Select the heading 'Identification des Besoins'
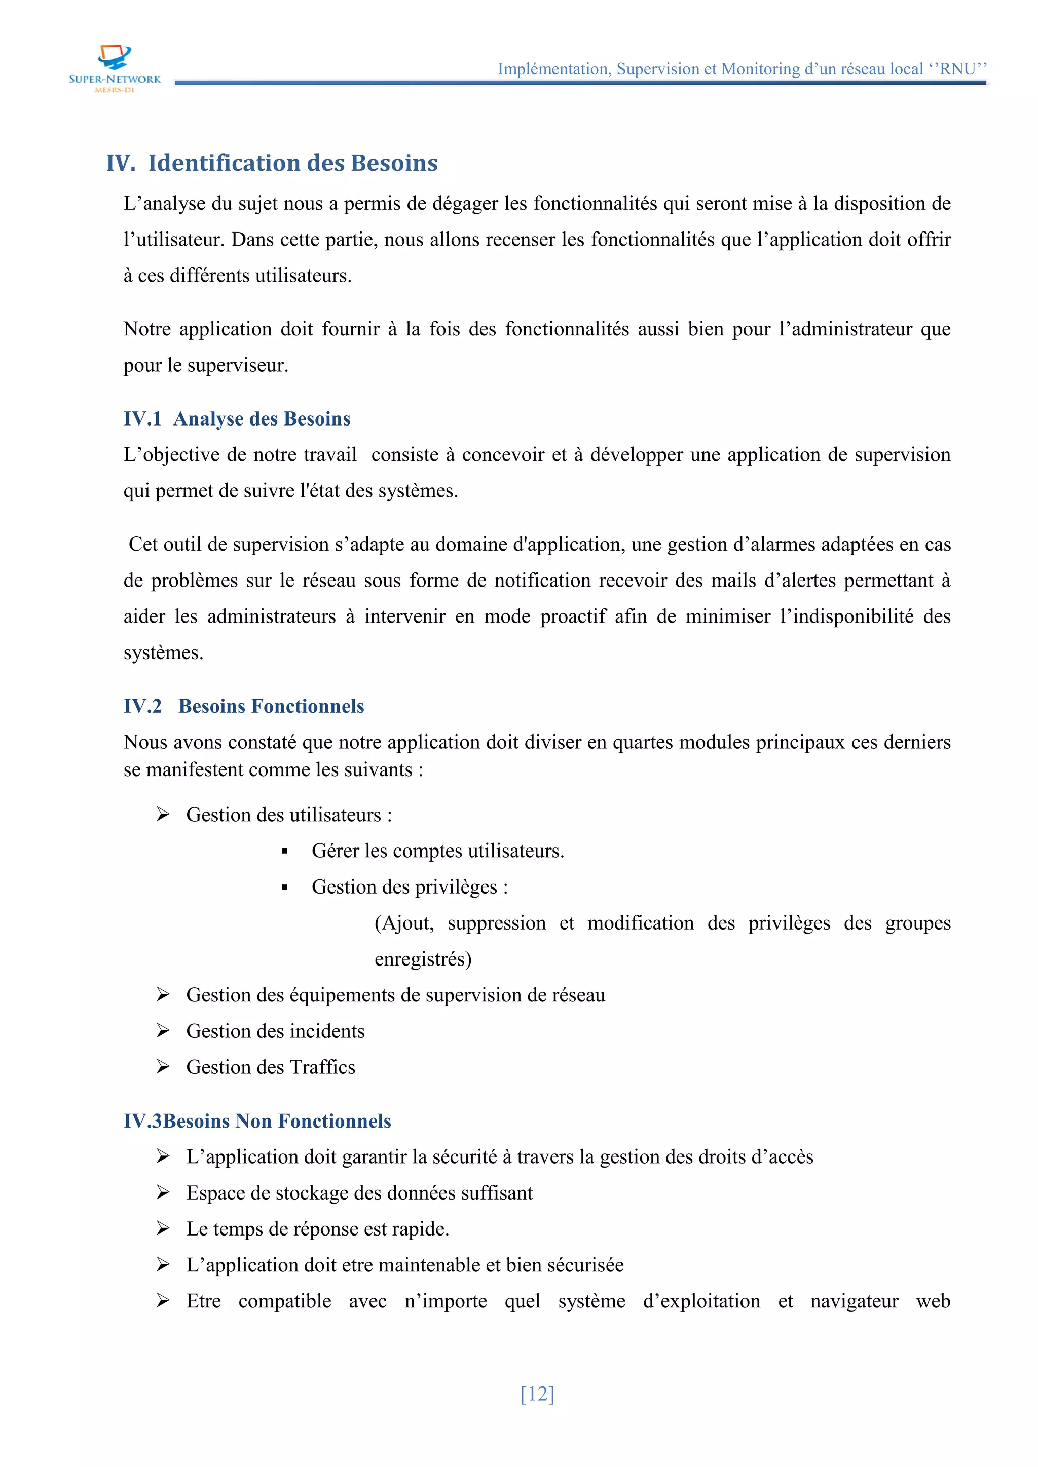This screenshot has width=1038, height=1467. [293, 163]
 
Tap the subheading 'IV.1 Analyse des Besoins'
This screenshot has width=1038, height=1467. [237, 418]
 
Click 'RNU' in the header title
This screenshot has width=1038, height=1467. [957, 69]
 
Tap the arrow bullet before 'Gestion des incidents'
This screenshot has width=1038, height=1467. [163, 1031]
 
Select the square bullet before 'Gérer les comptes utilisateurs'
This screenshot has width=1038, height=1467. [284, 852]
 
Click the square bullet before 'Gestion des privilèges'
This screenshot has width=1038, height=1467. [284, 887]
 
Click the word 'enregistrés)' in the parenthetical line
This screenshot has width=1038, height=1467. [423, 959]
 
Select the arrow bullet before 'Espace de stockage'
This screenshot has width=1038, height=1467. [163, 1192]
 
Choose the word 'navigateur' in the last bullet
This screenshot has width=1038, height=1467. [854, 1301]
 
